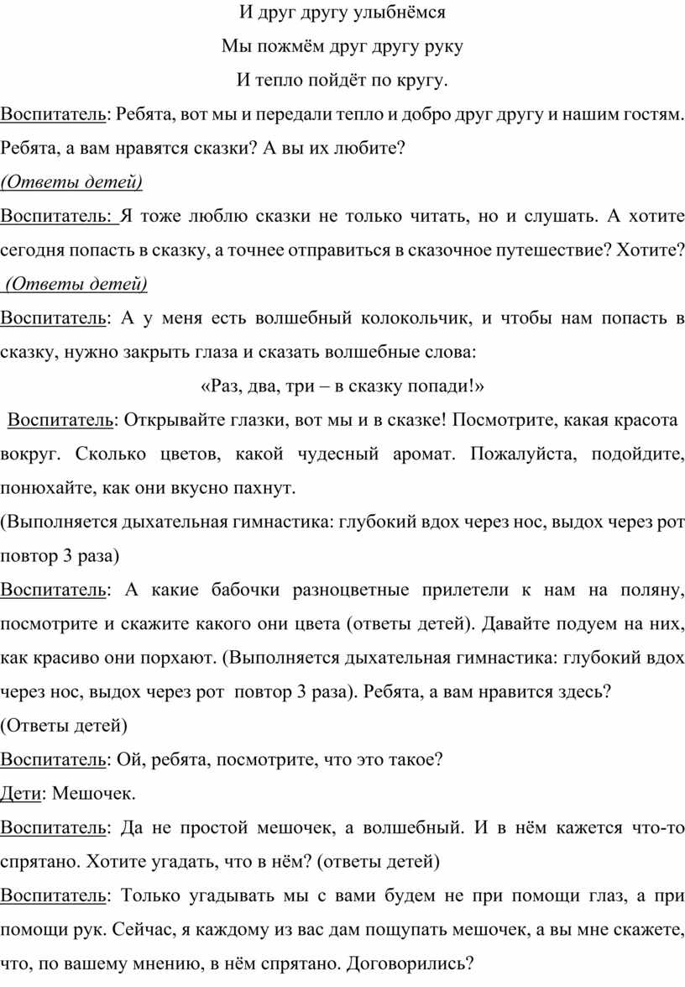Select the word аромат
(421, 454)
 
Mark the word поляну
(653, 591)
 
